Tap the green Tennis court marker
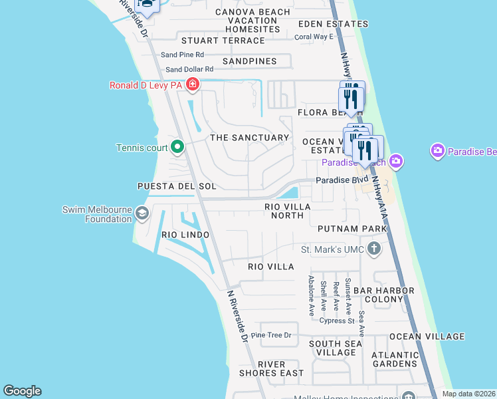[x=177, y=147]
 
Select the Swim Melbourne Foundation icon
[x=141, y=213]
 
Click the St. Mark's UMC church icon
[x=374, y=249]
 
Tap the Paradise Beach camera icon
[x=397, y=161]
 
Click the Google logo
[x=22, y=391]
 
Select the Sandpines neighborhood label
[x=249, y=61]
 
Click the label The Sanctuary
[x=249, y=138]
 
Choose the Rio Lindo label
[x=185, y=235]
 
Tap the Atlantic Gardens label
[x=395, y=359]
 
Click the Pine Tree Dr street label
[x=271, y=335]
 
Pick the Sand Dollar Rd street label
[x=189, y=69]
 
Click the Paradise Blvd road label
[x=342, y=180]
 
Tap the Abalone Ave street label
[x=311, y=295]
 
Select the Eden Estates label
[x=332, y=24]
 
